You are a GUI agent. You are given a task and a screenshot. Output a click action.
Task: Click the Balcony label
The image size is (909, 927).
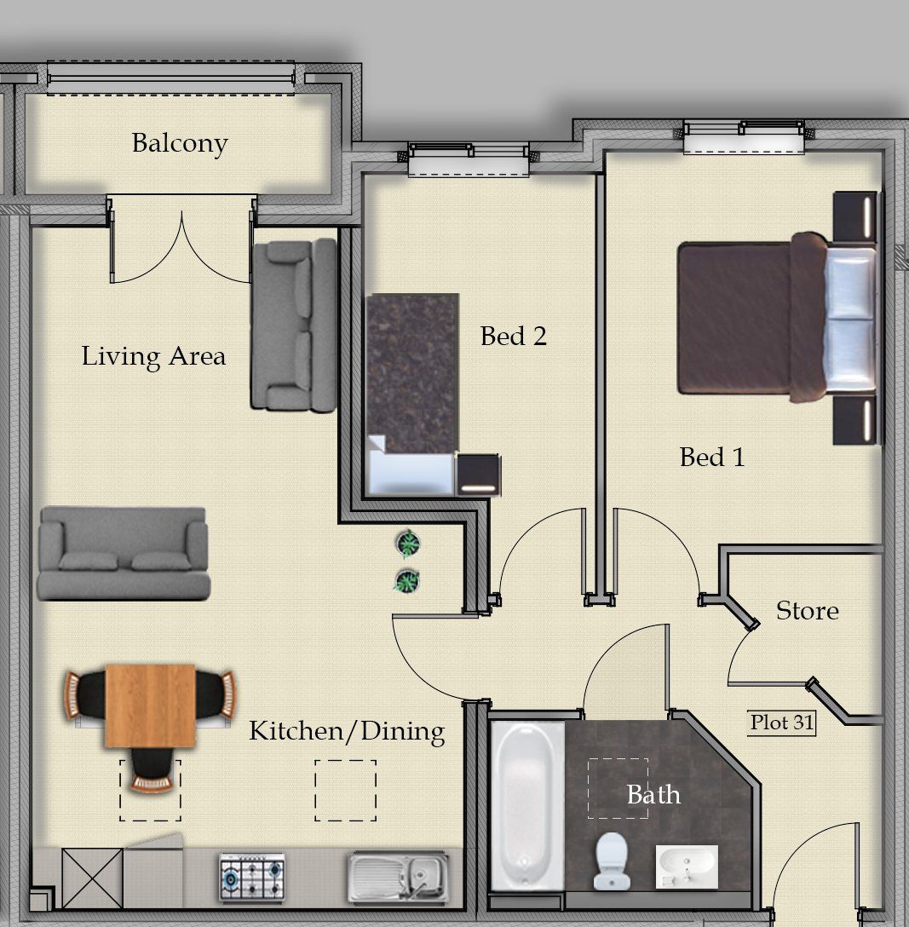pos(180,144)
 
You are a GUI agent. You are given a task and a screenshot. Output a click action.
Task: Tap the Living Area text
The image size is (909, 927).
pos(153,356)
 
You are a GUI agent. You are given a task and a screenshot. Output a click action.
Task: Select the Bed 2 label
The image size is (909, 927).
pos(513,337)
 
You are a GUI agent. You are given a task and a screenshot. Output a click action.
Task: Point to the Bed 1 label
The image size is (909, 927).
pos(711,457)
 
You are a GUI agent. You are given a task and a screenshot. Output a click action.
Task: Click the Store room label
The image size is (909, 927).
pos(808,611)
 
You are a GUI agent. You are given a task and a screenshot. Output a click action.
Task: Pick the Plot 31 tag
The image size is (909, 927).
pos(782,723)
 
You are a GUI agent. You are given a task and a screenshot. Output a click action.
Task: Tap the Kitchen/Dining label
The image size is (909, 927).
pos(347,731)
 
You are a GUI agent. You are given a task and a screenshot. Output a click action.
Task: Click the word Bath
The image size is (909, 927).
pos(653,795)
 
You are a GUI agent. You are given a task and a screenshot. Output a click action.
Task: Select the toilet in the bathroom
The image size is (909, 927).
pos(611,861)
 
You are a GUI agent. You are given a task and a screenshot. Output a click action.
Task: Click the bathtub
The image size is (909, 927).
pos(527,806)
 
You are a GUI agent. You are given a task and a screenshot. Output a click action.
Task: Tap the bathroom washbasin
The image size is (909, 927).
pos(687,867)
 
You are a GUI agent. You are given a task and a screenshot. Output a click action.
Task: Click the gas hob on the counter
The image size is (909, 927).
pos(252,878)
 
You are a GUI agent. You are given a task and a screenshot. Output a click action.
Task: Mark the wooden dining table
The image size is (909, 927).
pos(150,705)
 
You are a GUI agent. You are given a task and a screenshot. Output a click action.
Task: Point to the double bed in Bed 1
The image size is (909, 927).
pos(777,318)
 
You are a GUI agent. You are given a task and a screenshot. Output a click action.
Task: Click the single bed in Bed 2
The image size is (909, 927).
pos(412,394)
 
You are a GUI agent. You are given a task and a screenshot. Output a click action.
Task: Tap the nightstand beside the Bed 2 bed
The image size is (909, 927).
pos(478,474)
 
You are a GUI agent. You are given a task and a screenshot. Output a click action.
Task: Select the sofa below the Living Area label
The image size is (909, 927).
pos(124,553)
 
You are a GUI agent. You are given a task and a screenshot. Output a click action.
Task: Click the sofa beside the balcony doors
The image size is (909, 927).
pos(294,325)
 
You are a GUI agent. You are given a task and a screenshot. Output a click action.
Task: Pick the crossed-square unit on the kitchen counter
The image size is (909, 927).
pos(92,878)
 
